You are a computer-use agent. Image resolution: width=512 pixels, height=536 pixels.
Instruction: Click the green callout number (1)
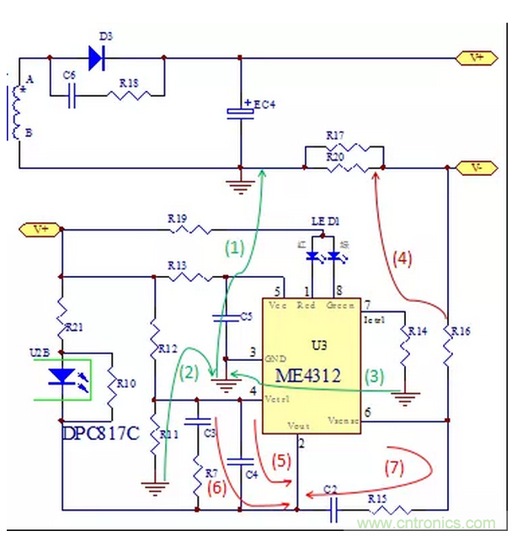pos(233,248)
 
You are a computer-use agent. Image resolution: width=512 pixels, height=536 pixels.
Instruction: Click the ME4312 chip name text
pos(312,375)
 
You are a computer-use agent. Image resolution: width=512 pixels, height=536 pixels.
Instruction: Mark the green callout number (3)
pos(374,375)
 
